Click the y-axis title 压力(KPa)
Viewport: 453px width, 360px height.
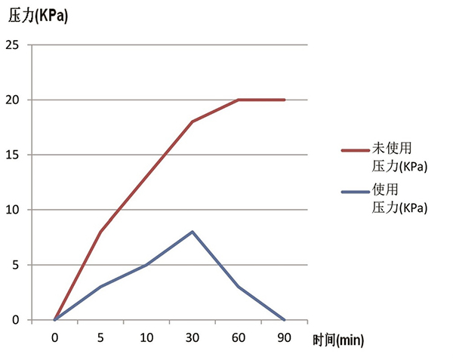point(38,14)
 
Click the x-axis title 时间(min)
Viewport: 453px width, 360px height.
point(337,341)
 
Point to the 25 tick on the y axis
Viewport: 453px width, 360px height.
point(12,45)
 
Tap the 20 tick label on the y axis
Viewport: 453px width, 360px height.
point(12,100)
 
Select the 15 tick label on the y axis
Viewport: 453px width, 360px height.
point(12,155)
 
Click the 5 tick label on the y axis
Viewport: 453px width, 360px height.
point(16,265)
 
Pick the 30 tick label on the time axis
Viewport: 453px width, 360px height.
point(193,339)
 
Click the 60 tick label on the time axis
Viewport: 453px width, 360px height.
point(239,339)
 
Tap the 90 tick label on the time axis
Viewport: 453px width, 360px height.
point(285,339)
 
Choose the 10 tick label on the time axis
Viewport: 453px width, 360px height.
point(146,339)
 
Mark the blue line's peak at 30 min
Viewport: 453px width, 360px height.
point(193,232)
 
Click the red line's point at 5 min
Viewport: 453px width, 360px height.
point(100,232)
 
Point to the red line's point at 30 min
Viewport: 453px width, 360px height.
point(193,122)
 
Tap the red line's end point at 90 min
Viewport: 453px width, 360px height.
point(285,100)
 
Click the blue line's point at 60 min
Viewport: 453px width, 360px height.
point(239,287)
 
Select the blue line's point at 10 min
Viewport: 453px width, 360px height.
point(146,265)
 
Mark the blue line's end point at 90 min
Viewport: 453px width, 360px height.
point(285,320)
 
